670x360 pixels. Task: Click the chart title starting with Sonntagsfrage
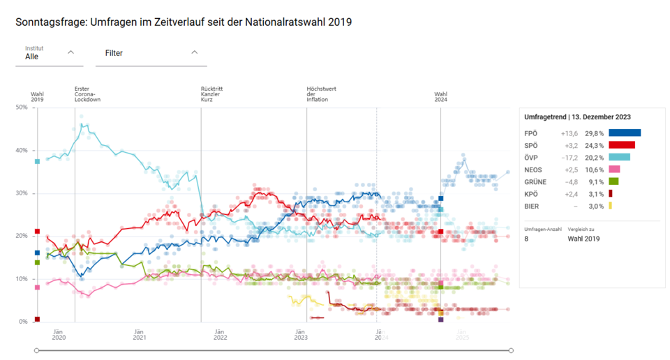(x=183, y=22)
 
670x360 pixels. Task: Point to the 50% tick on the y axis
(x=21, y=107)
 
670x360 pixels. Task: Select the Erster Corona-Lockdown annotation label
(x=87, y=94)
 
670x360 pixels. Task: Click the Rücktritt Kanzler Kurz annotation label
(x=211, y=94)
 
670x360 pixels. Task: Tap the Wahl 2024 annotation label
(x=440, y=97)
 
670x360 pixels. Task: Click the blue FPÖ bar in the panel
(x=624, y=133)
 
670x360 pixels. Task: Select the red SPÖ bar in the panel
(x=621, y=145)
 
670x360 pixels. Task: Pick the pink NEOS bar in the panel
(x=614, y=170)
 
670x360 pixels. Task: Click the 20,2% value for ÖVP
(x=594, y=157)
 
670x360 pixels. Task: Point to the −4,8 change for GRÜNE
(x=569, y=181)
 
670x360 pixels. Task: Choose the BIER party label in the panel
(x=532, y=206)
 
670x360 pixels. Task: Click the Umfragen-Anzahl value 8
(x=526, y=239)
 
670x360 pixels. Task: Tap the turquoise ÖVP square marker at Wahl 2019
(x=37, y=162)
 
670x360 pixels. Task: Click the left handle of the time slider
(x=37, y=350)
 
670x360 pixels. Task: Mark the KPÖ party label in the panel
(x=531, y=193)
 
